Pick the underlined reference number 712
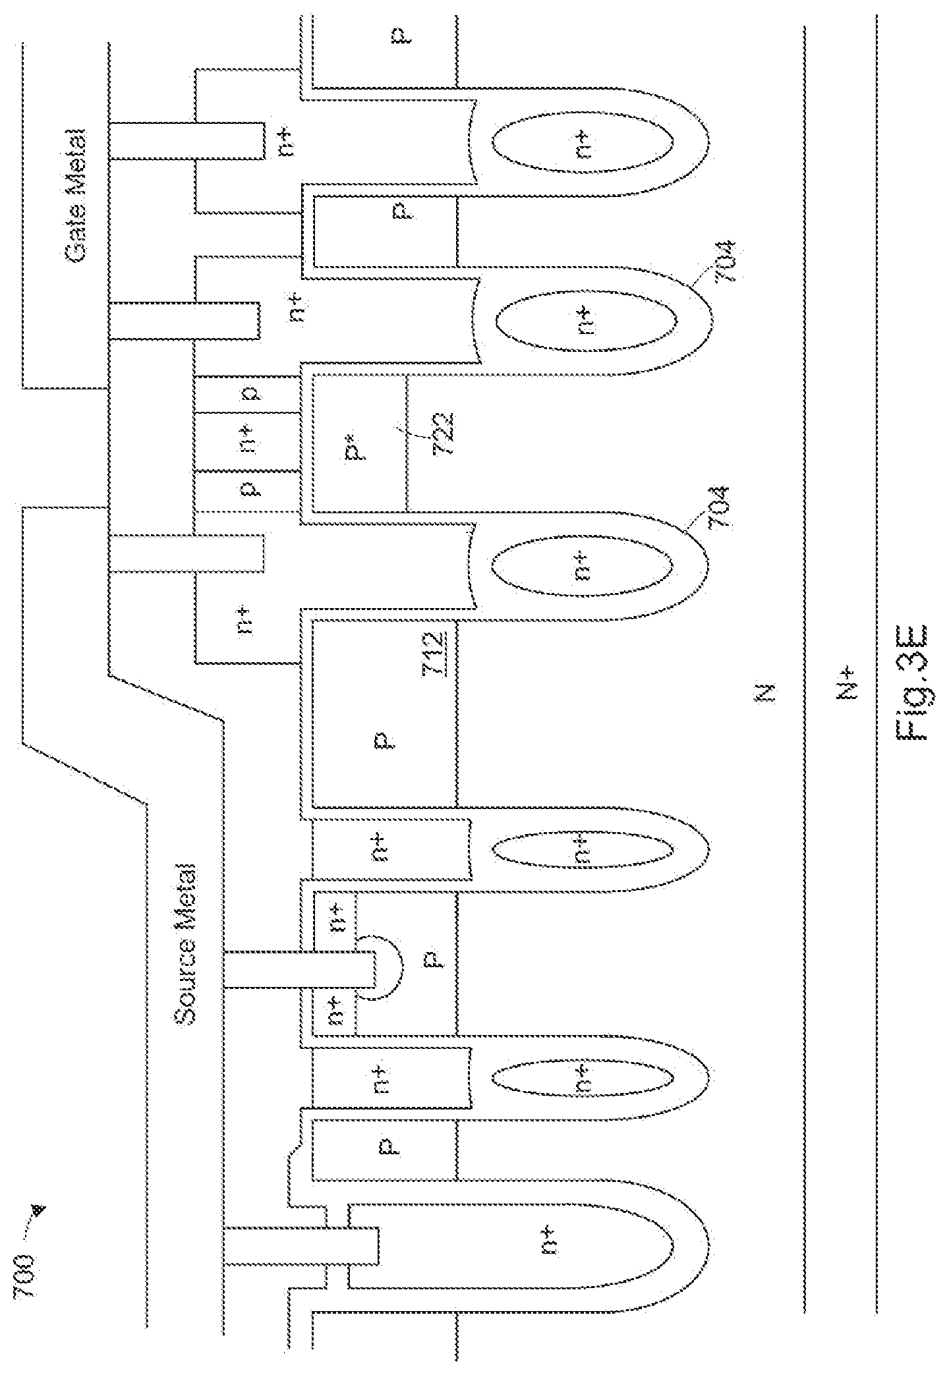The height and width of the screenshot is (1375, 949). click(434, 653)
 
